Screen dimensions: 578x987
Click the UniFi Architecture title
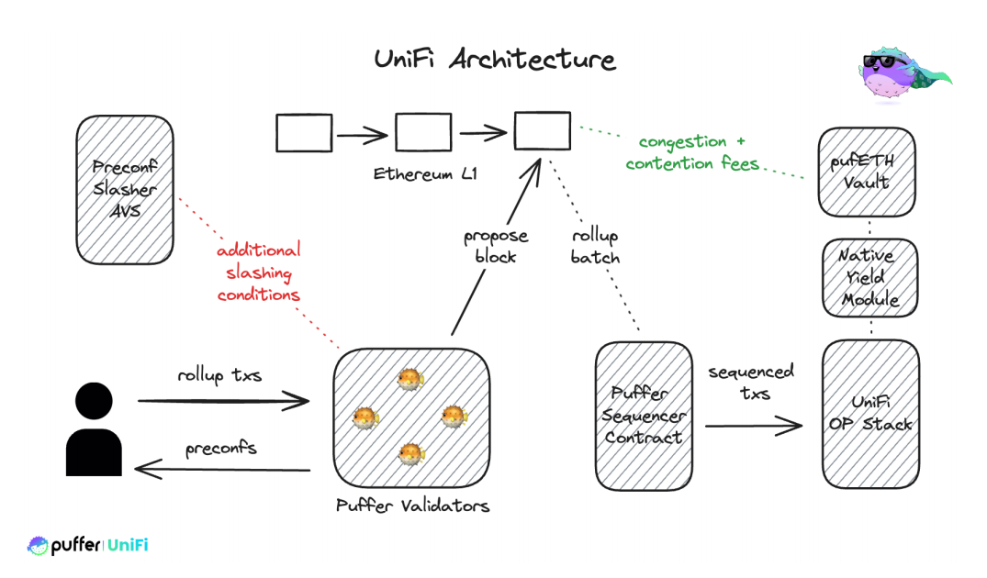point(494,61)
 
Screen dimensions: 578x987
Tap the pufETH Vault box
point(866,172)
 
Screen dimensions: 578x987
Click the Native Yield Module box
point(868,275)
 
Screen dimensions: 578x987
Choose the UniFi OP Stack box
point(869,413)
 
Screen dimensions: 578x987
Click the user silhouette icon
point(95,429)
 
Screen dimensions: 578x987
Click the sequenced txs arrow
point(753,425)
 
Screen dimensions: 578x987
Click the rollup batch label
point(595,247)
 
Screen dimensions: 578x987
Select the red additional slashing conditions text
point(259,272)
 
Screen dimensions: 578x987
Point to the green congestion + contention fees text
point(693,152)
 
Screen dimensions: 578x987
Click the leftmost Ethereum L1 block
point(304,133)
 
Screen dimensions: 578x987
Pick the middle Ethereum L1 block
point(423,133)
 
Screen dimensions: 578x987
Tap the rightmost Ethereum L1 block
point(542,131)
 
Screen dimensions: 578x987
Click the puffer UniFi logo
point(88,546)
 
